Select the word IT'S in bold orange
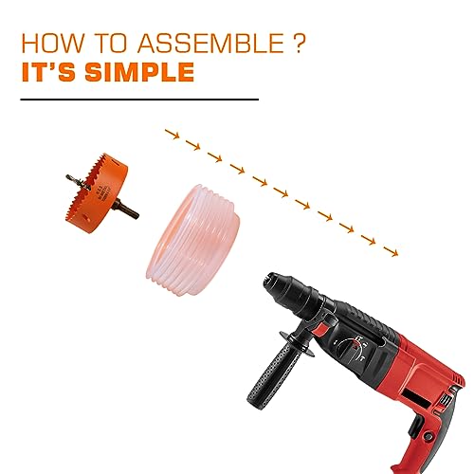coord(50,72)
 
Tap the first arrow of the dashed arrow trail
coord(171,135)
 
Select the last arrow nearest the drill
coord(391,251)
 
